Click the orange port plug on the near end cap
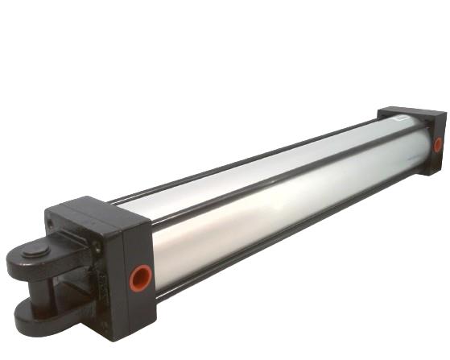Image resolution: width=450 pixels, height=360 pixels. pos(140,278)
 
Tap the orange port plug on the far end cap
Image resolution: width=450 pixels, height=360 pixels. pos(438,145)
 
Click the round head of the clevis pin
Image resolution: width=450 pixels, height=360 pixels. pos(34,252)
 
